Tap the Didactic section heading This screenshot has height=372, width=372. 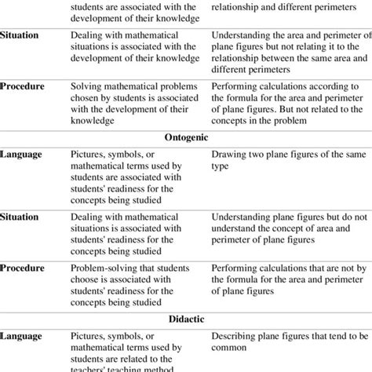pyautogui.click(x=187, y=320)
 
